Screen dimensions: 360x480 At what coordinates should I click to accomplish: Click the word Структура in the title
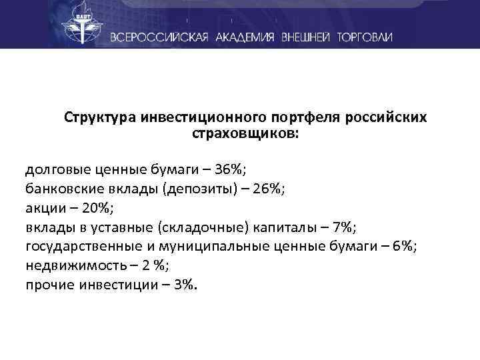tap(101, 117)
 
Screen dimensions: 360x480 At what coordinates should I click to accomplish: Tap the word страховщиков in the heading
tap(244, 134)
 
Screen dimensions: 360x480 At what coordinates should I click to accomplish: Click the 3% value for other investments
tap(185, 285)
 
